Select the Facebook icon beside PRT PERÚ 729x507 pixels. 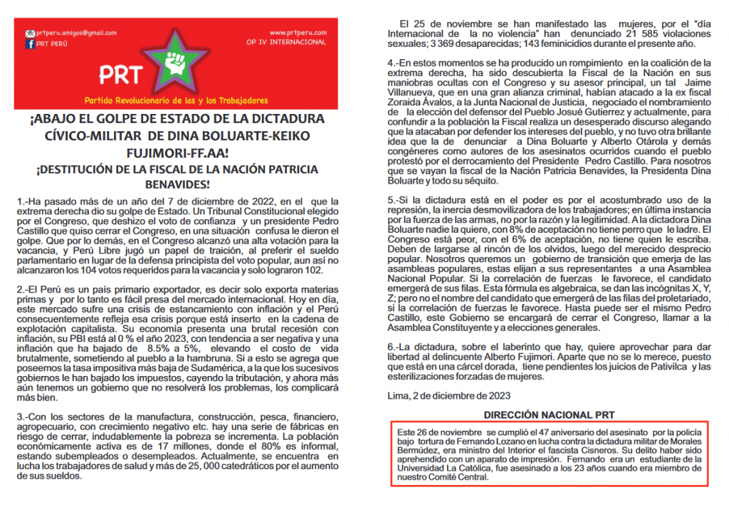[30, 43]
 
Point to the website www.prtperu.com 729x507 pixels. [298, 33]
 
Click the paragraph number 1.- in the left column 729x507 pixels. [23, 202]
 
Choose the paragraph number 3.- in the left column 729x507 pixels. [23, 415]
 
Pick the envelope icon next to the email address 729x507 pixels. [30, 33]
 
